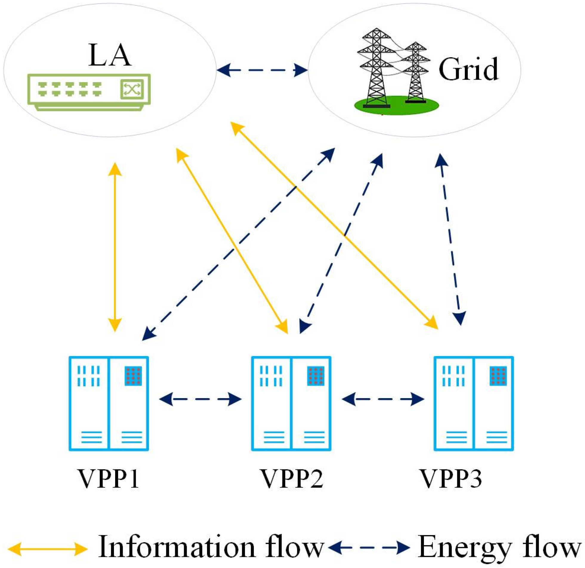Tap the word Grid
click(468, 69)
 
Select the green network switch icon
click(89, 92)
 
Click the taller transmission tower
click(376, 67)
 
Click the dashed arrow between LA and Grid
click(262, 70)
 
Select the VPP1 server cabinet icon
click(109, 403)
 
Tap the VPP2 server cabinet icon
click(291, 403)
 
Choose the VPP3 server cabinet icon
click(473, 403)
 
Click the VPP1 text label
click(108, 478)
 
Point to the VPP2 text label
click(291, 478)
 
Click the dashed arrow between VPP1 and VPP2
click(200, 399)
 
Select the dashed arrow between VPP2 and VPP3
click(383, 399)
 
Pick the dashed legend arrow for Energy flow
click(369, 547)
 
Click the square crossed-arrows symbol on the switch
click(132, 89)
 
